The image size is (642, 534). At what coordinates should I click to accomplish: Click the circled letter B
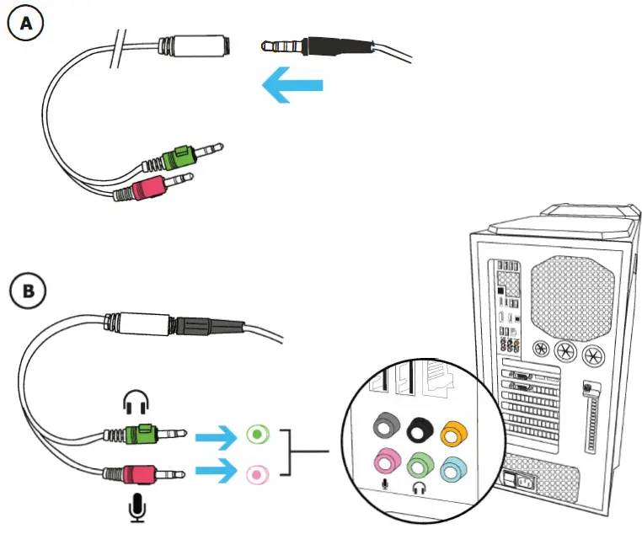click(x=27, y=291)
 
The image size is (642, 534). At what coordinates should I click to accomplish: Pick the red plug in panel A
click(x=147, y=185)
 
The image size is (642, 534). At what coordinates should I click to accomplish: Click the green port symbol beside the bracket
click(x=257, y=435)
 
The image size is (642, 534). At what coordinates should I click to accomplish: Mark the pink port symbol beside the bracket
click(x=257, y=475)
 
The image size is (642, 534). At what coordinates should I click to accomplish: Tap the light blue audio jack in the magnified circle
click(x=452, y=465)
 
